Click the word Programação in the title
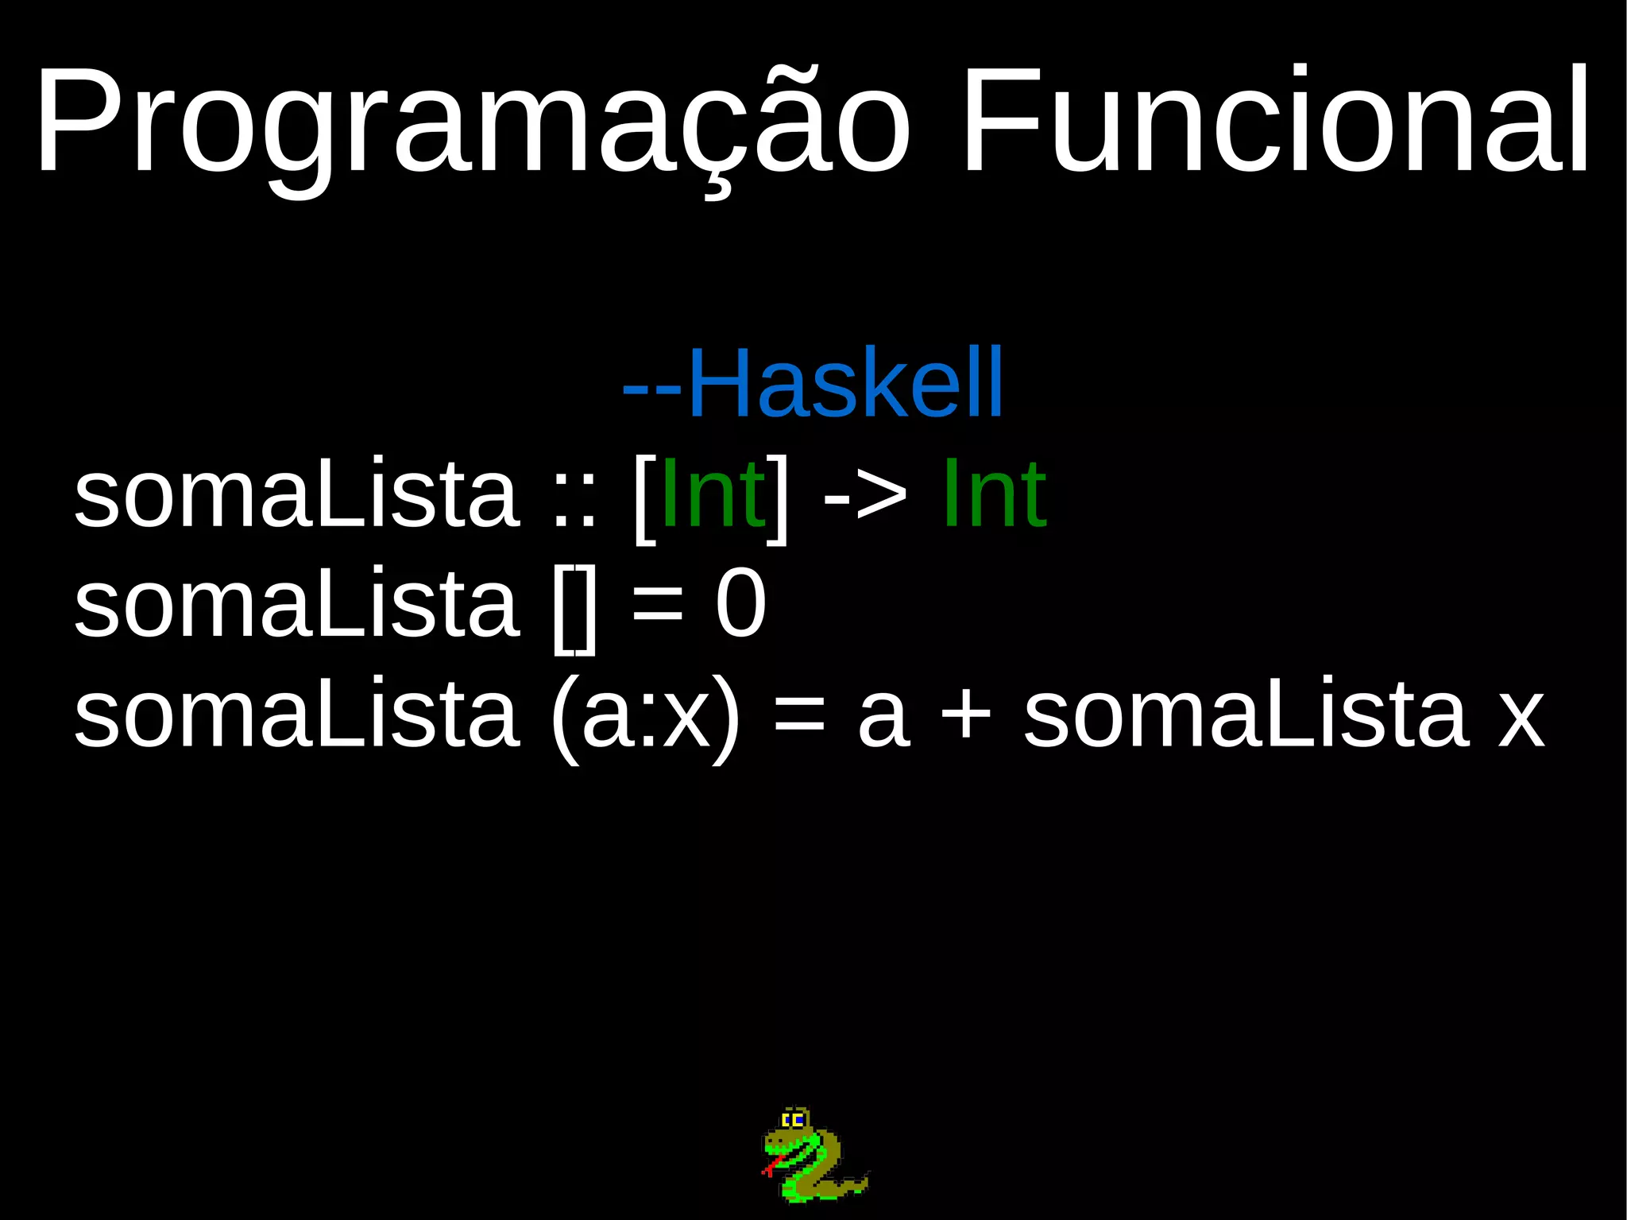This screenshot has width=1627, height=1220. [472, 123]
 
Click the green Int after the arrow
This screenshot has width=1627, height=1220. [994, 494]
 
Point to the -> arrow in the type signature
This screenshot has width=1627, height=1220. [865, 497]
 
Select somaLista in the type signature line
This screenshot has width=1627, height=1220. [296, 494]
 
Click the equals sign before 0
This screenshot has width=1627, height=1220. [657, 608]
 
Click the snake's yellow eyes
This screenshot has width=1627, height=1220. [793, 1121]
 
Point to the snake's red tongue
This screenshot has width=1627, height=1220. [768, 1169]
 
